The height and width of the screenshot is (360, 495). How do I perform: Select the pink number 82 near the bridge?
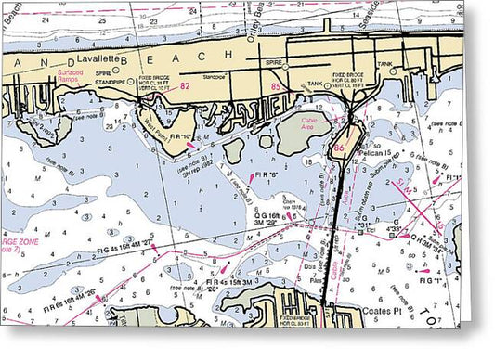click(184, 85)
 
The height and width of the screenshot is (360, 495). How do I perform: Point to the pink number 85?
click(276, 87)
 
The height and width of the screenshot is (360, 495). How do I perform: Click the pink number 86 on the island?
click(340, 147)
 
